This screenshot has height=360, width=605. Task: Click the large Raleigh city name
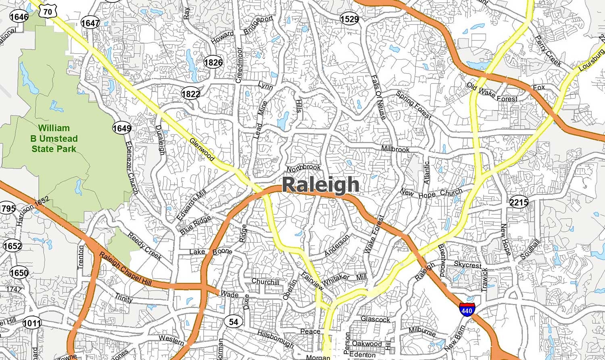click(x=321, y=185)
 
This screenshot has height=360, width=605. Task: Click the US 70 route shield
click(x=48, y=12)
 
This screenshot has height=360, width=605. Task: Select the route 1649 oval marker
click(x=122, y=128)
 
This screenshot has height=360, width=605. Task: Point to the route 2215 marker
click(x=518, y=202)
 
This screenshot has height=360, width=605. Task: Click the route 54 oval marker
click(x=234, y=321)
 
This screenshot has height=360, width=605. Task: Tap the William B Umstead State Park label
click(x=54, y=138)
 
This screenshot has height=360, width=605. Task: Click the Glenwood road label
click(x=202, y=150)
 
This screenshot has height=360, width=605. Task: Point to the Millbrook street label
click(x=395, y=149)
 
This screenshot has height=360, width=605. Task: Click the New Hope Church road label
click(x=431, y=194)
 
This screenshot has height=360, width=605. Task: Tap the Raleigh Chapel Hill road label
click(x=125, y=269)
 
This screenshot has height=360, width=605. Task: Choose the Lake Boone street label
click(x=211, y=252)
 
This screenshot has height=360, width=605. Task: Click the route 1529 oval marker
click(x=349, y=19)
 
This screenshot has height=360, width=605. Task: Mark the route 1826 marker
click(x=213, y=62)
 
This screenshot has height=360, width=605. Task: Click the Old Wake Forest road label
click(x=492, y=92)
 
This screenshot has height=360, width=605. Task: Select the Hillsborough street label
click(x=275, y=339)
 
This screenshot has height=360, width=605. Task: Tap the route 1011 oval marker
click(x=32, y=323)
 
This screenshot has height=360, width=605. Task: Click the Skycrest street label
click(x=467, y=265)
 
